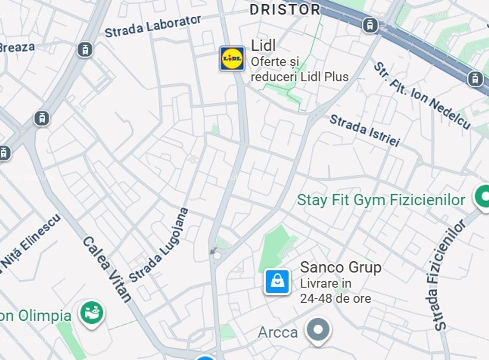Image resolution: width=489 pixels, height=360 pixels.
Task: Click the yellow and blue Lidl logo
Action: click(x=232, y=59)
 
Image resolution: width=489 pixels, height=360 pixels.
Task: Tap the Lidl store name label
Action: click(x=263, y=46)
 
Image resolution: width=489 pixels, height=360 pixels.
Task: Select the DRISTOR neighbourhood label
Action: click(x=285, y=9)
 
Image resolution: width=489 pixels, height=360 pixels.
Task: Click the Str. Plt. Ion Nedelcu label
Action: click(x=422, y=95)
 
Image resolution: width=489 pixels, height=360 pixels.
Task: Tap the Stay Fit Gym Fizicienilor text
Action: click(x=381, y=200)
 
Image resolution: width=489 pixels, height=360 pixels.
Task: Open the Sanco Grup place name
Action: click(x=341, y=268)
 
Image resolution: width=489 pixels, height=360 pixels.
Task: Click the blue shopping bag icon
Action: click(x=277, y=281)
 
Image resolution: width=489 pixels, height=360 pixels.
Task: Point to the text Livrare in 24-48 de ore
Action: click(x=335, y=291)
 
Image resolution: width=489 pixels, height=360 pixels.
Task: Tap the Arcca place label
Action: click(x=278, y=332)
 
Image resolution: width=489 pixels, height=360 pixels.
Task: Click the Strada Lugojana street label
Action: click(x=159, y=245)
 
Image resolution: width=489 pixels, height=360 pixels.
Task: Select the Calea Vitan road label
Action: click(x=107, y=269)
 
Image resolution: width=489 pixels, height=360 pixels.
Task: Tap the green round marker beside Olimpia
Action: click(x=92, y=313)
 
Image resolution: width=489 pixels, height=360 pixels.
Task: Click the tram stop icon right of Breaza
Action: click(x=85, y=50)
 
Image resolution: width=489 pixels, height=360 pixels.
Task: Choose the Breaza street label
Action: click(x=17, y=47)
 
